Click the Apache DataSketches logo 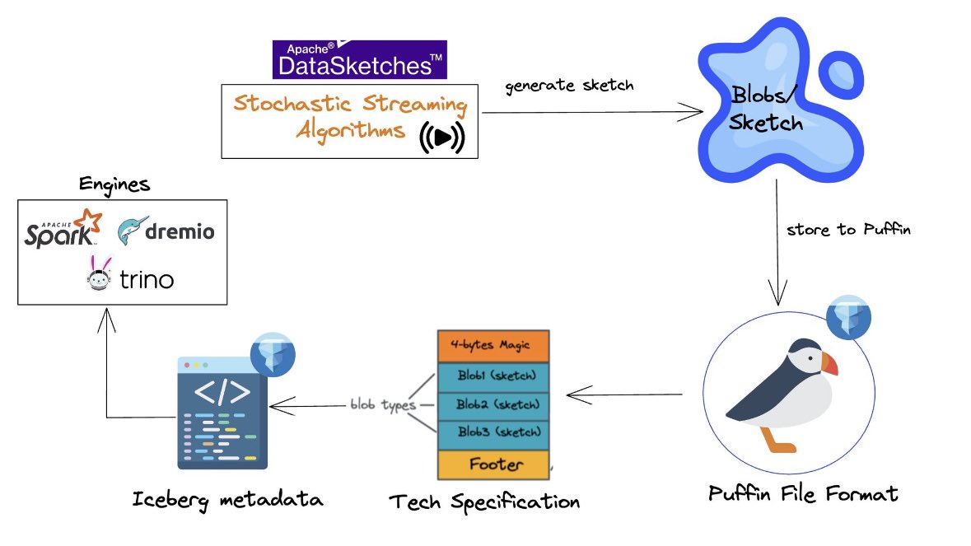359,59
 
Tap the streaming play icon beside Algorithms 442,137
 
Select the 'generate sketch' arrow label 570,86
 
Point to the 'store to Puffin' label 849,230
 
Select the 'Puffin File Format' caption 803,494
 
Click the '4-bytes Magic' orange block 493,346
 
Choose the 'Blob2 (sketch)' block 493,404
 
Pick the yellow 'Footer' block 493,464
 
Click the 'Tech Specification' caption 483,501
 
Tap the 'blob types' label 383,405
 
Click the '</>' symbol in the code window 222,393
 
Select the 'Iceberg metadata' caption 227,499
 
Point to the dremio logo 166,231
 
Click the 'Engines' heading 114,184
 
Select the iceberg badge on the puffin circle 847,315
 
